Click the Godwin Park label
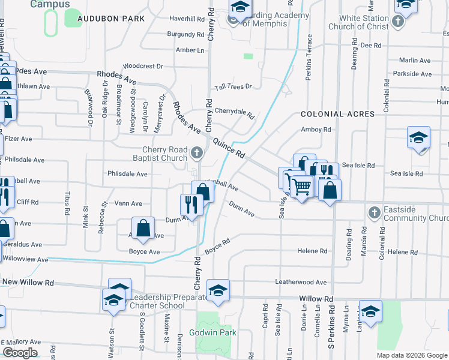point(212,332)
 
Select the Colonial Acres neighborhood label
point(337,114)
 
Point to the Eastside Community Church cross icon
point(373,212)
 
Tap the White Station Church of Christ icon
point(397,22)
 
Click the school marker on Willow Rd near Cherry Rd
point(217,290)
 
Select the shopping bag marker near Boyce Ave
point(143,229)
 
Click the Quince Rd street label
point(228,146)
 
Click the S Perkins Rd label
point(331,327)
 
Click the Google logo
point(19,352)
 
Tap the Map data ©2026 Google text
point(412,355)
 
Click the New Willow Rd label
point(28,282)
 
